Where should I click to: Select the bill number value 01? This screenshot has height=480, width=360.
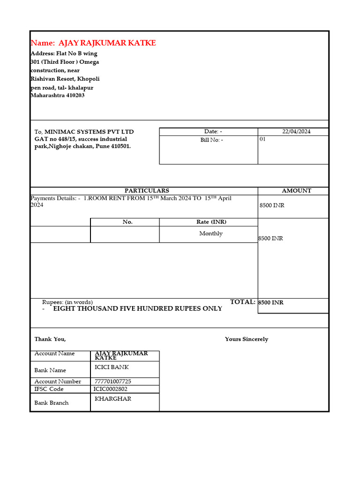click(x=262, y=139)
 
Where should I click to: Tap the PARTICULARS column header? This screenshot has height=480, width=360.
click(x=147, y=191)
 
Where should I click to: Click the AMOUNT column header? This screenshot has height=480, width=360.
click(x=296, y=191)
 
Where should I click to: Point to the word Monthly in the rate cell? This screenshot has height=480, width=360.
click(x=211, y=233)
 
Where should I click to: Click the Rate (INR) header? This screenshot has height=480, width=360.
click(x=211, y=222)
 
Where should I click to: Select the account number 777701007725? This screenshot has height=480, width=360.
click(x=113, y=382)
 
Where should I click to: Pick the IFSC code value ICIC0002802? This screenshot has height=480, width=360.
click(x=111, y=389)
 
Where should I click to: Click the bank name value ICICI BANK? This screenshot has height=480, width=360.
click(x=112, y=367)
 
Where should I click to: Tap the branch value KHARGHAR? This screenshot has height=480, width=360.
click(x=113, y=399)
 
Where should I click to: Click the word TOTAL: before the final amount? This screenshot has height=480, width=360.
click(x=243, y=302)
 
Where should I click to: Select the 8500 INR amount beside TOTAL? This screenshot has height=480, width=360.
click(x=271, y=303)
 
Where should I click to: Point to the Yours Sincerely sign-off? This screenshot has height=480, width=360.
click(x=247, y=339)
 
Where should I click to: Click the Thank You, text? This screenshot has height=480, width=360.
click(x=50, y=339)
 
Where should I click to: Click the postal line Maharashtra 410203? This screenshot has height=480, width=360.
click(x=58, y=96)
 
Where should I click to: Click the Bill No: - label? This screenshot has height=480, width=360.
click(x=212, y=140)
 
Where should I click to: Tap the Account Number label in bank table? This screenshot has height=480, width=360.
click(x=58, y=382)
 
